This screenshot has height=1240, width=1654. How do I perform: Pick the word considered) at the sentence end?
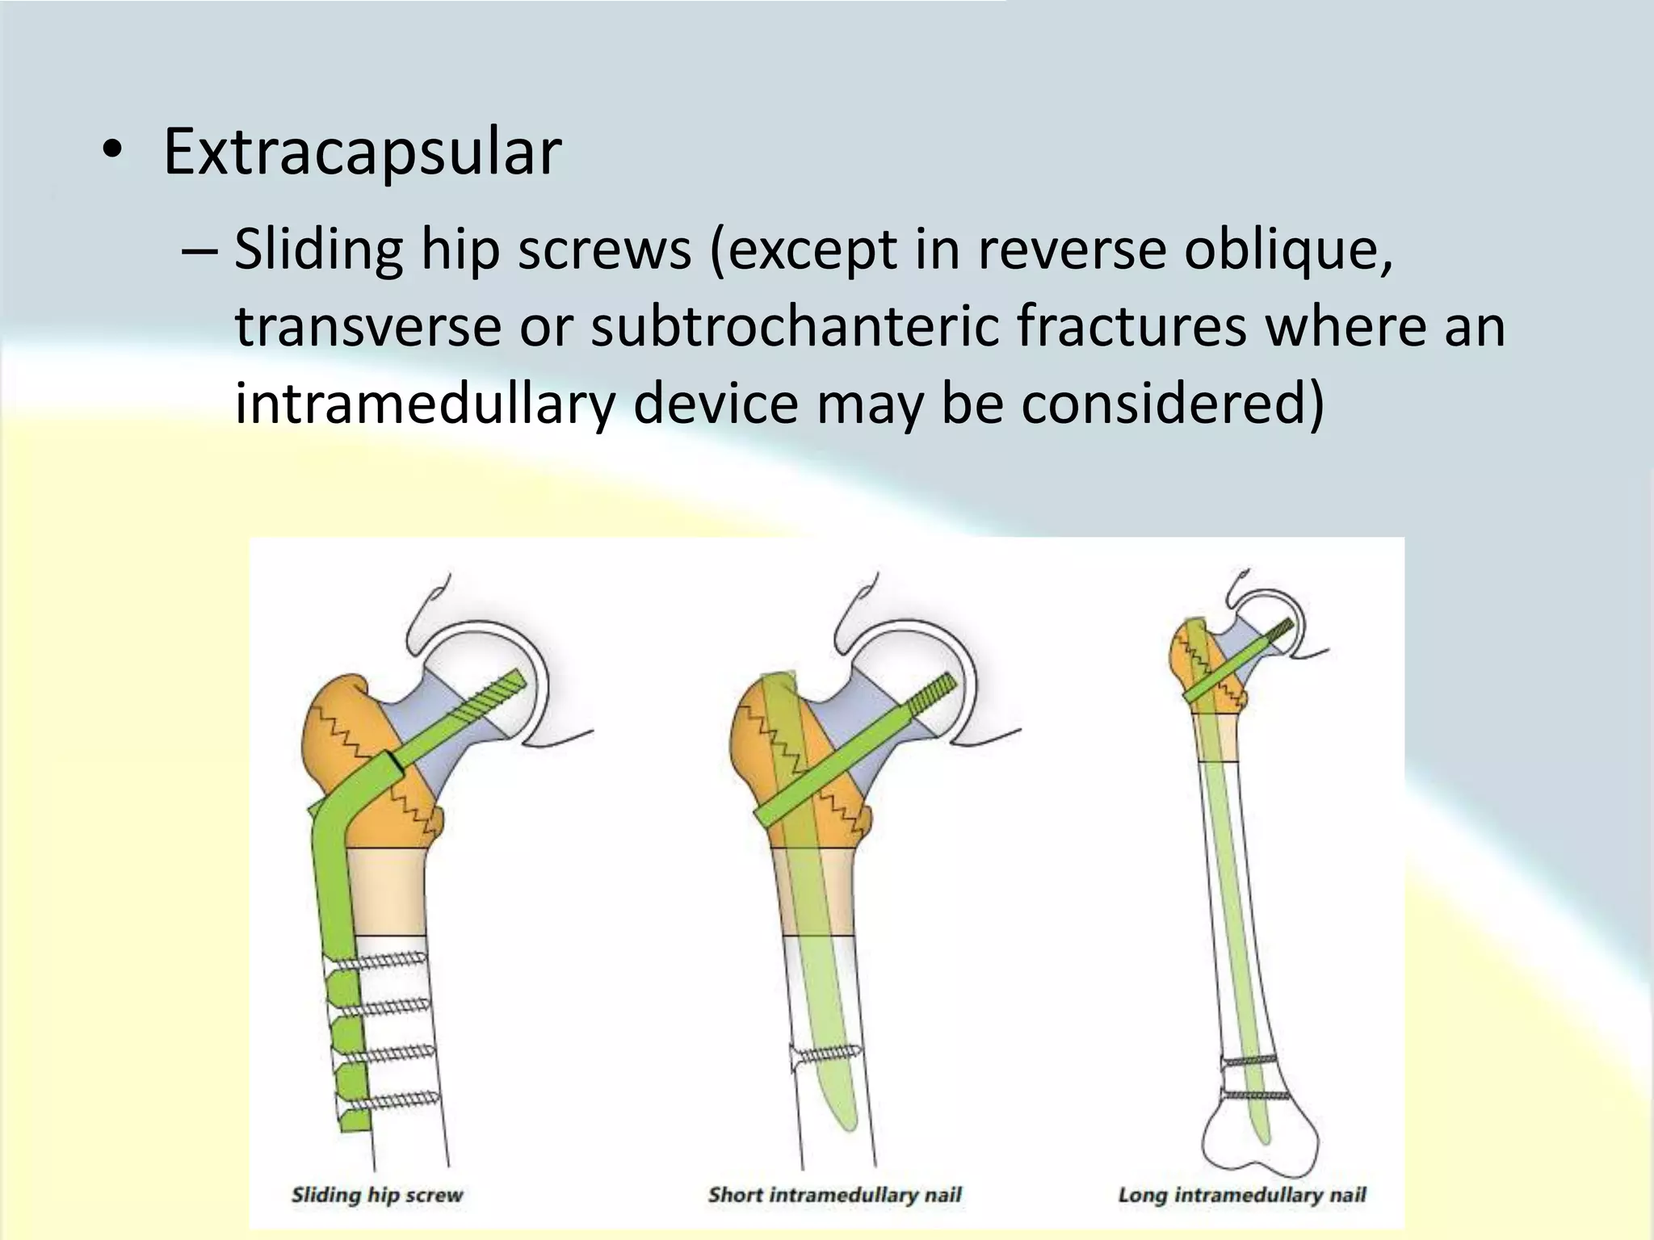coord(1173,403)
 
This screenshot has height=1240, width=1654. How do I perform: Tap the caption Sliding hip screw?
coord(377,1195)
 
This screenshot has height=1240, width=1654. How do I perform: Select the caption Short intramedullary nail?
coord(834,1195)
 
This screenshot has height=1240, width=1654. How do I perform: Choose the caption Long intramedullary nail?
coord(1242,1195)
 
